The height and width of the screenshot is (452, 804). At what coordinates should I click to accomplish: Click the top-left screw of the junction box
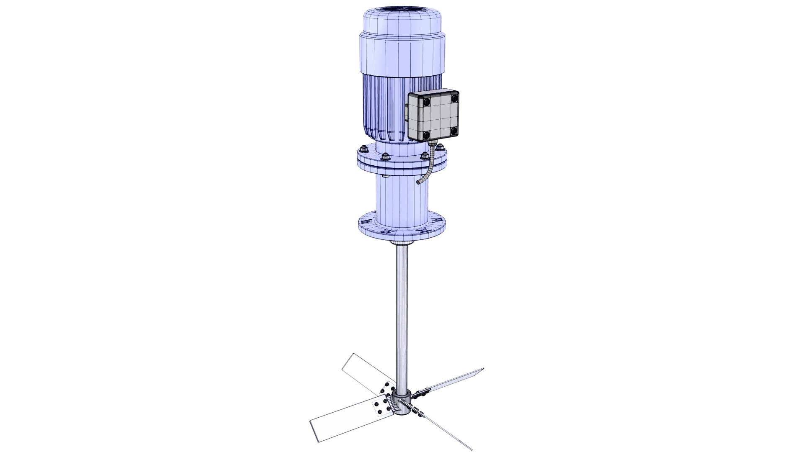coord(426,102)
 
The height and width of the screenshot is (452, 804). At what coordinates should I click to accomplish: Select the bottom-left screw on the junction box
coord(426,135)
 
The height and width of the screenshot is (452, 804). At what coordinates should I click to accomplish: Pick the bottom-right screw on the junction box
coord(454,131)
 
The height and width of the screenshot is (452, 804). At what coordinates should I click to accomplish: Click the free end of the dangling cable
coord(418,182)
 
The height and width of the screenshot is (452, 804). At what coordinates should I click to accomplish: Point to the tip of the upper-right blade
coord(483,369)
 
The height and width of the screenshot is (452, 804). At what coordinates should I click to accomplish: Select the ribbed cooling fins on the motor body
coord(383,109)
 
